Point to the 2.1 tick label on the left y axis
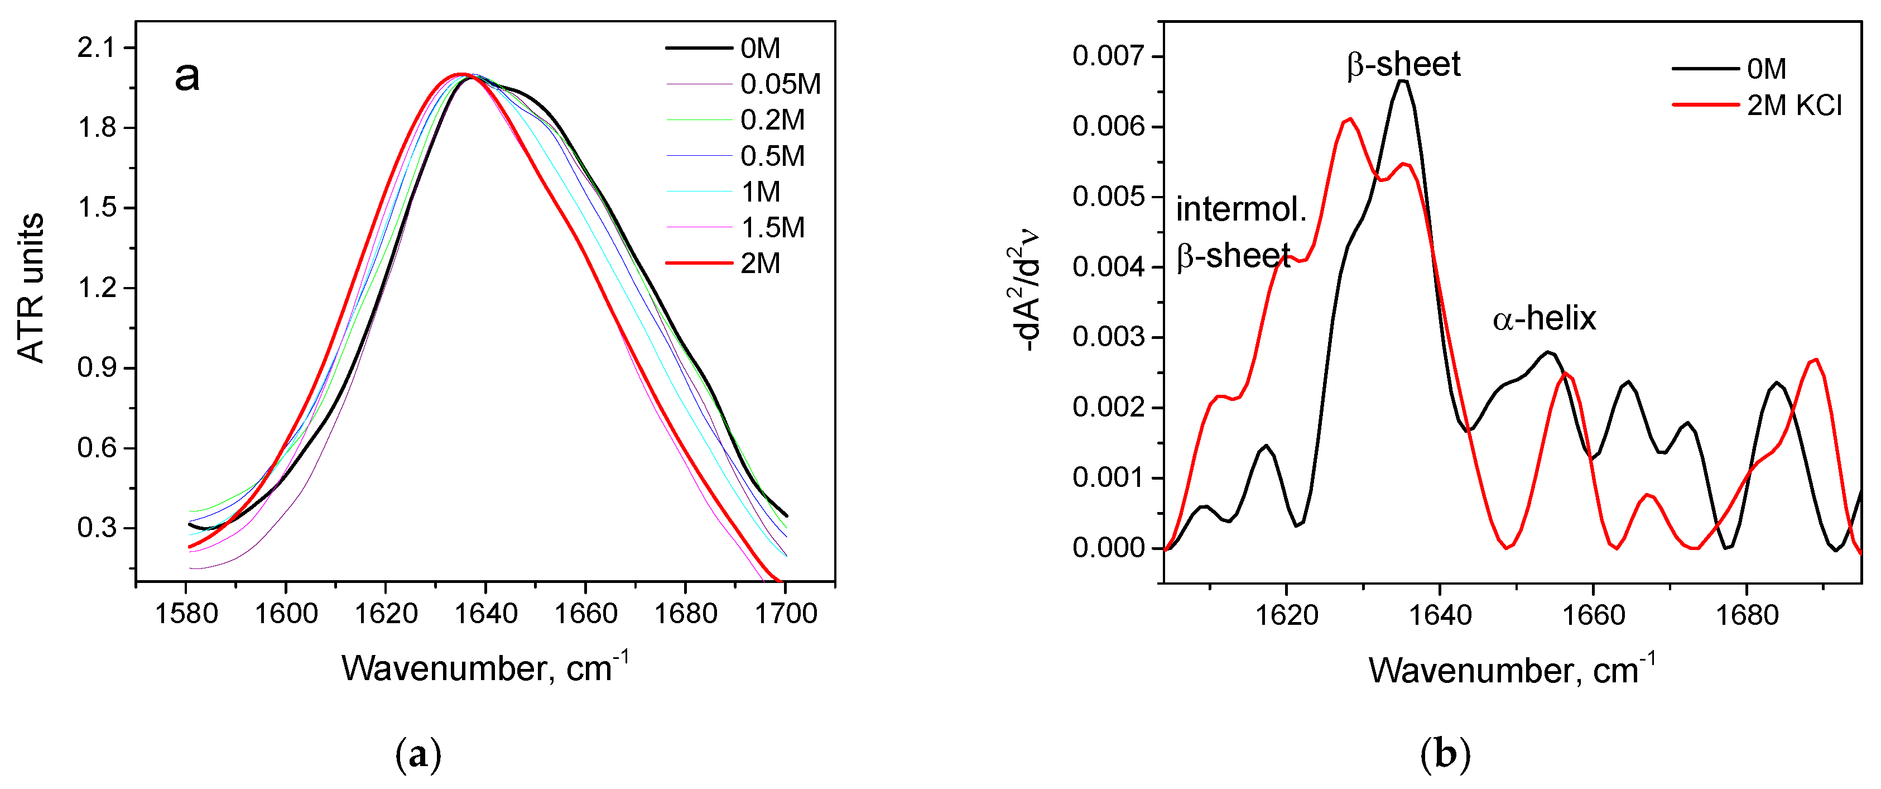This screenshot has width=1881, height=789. coord(97,47)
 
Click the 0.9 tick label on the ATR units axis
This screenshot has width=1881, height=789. coord(97,367)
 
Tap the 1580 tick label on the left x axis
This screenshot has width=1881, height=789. coord(186,614)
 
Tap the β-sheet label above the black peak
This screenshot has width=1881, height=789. coord(1403,64)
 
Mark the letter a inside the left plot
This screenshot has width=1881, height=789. coord(187,76)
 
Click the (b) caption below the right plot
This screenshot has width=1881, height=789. coord(1444,753)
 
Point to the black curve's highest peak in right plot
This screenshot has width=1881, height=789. coord(1403,80)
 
